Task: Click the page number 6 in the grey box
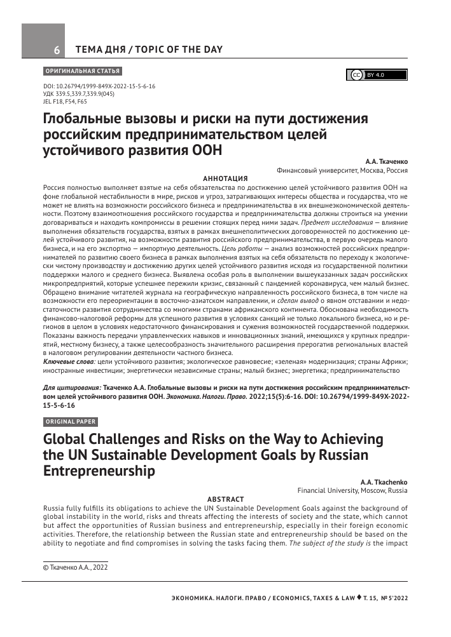[57, 50]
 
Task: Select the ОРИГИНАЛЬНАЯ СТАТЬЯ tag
[81, 70]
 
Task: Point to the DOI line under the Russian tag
[99, 86]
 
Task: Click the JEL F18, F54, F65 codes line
[65, 100]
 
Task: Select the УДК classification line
[78, 93]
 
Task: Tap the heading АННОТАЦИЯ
[225, 179]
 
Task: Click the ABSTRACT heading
[226, 499]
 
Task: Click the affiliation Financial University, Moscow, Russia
[352, 491]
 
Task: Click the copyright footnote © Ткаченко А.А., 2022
[74, 567]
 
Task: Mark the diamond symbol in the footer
[359, 598]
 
